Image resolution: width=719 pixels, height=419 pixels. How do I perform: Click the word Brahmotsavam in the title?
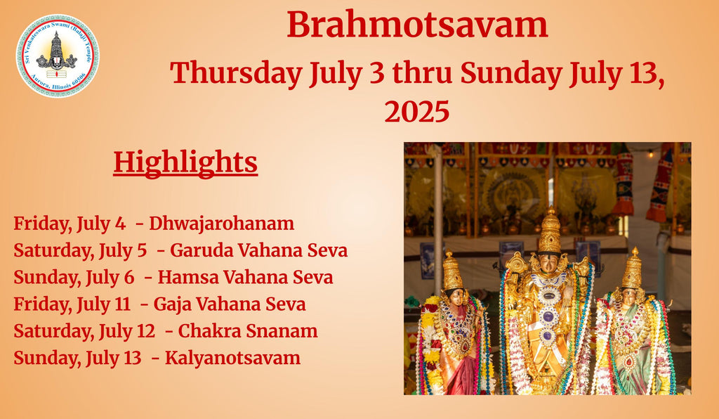[x=417, y=25]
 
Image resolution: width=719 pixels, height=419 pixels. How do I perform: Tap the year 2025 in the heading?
[x=417, y=112]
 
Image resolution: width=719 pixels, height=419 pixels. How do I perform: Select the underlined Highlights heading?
[x=185, y=164]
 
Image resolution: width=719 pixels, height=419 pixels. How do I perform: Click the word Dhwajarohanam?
[x=221, y=224]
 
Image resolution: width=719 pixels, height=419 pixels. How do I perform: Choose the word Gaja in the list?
[x=170, y=304]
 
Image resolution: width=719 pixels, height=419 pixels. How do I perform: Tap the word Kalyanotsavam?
[x=233, y=358]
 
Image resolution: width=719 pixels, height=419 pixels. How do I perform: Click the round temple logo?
[x=58, y=56]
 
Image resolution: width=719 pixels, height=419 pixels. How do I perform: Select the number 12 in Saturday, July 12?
[x=146, y=331]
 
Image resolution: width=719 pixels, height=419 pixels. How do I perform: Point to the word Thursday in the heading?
[x=236, y=73]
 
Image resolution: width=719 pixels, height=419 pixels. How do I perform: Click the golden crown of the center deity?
[x=549, y=232]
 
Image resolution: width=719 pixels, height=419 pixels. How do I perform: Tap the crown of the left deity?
[x=452, y=271]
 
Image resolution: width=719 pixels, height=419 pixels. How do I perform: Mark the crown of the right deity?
[x=633, y=269]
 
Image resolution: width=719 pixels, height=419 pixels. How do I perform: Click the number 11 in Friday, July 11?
[x=123, y=304]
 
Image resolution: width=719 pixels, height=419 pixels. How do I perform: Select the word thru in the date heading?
[x=422, y=73]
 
